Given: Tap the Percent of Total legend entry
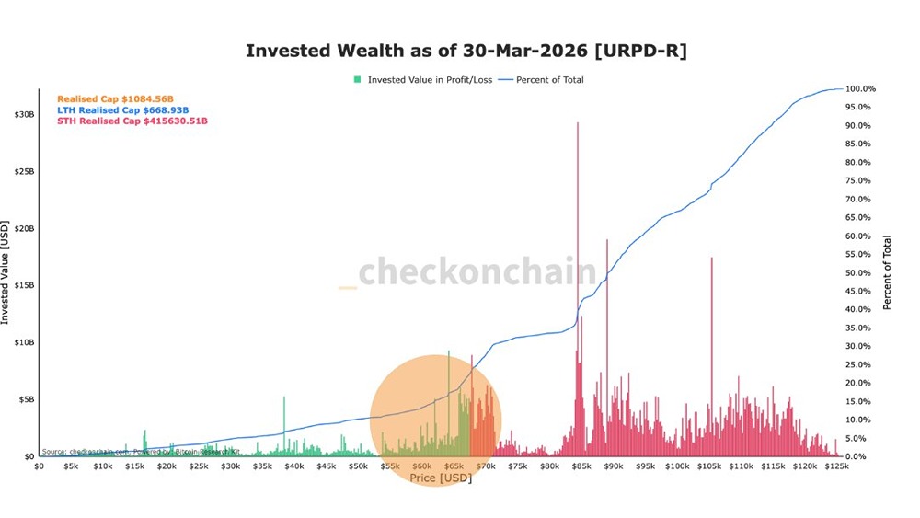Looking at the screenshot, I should point(549,80).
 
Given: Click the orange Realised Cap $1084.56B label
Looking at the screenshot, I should point(115,98).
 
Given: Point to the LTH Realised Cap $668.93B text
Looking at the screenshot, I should point(122,109).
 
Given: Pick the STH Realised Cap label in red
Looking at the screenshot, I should point(132,121).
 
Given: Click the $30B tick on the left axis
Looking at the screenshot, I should point(24,115).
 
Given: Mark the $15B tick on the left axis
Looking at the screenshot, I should point(24,285).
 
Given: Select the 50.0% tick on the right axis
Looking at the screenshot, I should point(861,273).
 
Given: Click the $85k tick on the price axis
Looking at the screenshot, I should point(581,466).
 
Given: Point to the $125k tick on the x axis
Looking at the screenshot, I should point(836,466).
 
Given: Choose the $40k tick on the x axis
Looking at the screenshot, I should point(293,466).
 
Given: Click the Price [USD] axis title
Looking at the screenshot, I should point(441,478).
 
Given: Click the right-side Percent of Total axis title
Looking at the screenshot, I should point(887,272).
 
